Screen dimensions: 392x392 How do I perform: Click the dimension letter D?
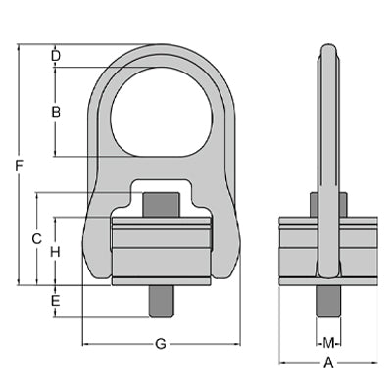tap(56, 55)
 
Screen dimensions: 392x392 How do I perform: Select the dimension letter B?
tap(56, 112)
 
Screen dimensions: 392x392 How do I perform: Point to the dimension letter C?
tap(36, 238)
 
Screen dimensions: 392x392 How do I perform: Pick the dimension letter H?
tap(56, 252)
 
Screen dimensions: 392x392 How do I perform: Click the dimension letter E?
tap(56, 300)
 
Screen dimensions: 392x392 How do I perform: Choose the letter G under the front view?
tap(161, 344)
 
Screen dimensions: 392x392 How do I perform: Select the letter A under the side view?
tap(329, 362)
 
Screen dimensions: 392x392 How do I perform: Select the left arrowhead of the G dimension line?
tap(85, 344)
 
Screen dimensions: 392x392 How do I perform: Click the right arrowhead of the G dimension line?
tap(237, 344)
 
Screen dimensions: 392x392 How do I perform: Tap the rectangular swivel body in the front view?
tap(161, 250)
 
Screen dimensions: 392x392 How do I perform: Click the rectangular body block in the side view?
tap(299, 250)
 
